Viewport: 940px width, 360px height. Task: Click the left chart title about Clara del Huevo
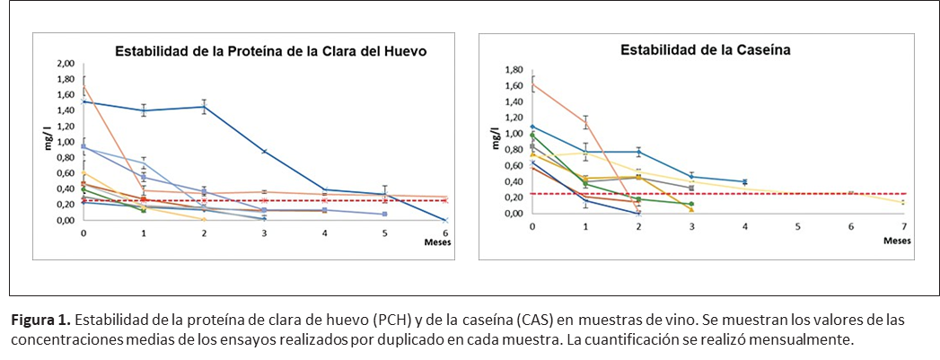269,52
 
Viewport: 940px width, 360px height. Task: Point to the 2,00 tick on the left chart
65,64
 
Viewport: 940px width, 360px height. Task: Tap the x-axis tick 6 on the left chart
446,233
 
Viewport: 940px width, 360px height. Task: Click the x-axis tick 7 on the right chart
903,227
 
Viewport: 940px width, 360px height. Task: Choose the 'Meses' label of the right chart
897,240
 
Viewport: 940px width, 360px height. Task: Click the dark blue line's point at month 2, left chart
204,107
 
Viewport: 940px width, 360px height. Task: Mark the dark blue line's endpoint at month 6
446,220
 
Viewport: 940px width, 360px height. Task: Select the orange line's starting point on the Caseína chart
532,84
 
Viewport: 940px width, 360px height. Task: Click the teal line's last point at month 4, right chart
744,182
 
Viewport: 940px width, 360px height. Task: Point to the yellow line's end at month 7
903,203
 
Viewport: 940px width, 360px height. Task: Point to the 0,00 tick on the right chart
514,214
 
